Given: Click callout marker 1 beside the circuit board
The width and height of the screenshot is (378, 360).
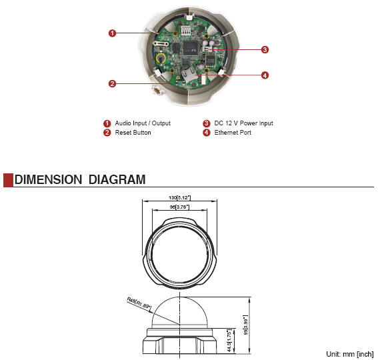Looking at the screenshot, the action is pos(112,33).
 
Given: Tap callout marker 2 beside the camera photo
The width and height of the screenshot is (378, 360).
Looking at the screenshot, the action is pos(112,84).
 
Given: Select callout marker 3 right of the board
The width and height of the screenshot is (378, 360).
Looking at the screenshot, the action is pos(265,50).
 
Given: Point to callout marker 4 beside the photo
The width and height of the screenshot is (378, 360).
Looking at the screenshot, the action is pos(265,75).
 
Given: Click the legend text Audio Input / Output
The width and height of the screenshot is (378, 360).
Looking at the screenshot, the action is pos(143,123).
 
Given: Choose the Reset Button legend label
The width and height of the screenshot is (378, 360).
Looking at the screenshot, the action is pos(133,133).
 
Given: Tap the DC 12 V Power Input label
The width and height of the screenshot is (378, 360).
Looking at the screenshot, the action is pos(244,123).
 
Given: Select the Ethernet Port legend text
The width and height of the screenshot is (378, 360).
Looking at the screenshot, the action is pos(233,133).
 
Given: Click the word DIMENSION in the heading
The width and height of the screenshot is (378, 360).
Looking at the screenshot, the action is pos(48,179).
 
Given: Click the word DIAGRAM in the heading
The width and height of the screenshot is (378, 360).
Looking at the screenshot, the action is pos(117,179).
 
